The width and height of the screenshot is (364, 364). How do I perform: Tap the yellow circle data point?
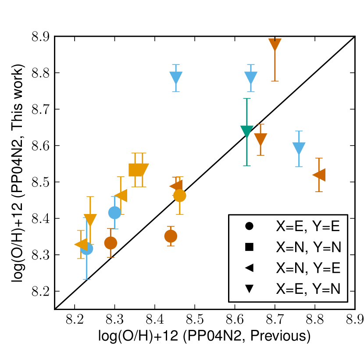179,196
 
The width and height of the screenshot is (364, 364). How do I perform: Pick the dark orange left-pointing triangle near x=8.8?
320,175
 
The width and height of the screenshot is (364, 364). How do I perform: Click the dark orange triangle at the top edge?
275,44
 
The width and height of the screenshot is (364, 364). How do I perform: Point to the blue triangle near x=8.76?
299,148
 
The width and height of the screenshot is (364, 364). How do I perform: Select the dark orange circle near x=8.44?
171,236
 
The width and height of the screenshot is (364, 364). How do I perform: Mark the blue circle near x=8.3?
114,213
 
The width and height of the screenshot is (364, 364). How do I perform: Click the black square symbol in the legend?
249,247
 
